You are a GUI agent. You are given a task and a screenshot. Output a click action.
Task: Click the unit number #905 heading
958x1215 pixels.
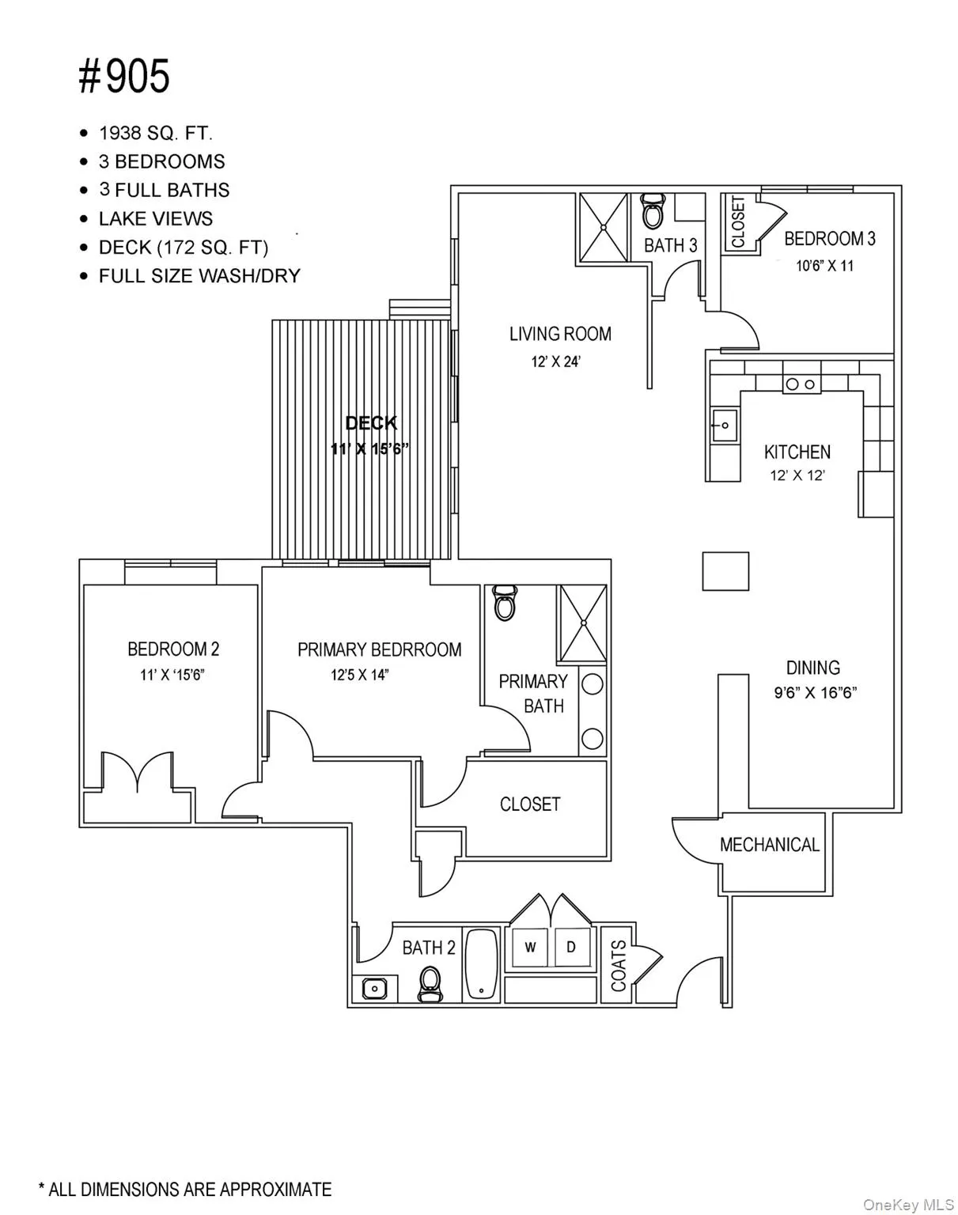124,78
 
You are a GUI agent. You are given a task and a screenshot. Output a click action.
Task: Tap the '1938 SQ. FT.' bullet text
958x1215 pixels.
155,133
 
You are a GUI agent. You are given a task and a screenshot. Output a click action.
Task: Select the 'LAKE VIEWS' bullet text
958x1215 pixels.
155,218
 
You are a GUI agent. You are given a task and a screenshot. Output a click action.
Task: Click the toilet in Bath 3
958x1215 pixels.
653,211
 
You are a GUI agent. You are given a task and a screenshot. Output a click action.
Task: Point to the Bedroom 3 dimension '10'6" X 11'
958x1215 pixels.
824,266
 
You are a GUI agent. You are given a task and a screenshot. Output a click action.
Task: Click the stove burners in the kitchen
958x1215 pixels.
801,384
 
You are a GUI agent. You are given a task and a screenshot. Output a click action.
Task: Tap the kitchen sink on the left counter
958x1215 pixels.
723,426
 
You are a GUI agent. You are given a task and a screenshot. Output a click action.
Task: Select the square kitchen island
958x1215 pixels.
725,571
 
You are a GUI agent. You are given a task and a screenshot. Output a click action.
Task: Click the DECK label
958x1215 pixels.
371,423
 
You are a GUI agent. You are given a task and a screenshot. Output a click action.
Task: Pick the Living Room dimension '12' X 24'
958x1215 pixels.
556,362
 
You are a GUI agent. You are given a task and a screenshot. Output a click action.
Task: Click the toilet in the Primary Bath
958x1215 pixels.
503,604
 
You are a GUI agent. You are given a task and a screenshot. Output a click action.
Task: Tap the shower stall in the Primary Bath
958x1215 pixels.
583,623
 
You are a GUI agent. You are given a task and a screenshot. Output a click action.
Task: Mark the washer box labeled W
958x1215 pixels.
531,947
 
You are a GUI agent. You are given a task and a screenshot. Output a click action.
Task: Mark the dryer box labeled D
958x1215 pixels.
571,947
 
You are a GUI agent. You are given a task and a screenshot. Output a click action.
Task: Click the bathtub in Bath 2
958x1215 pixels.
481,964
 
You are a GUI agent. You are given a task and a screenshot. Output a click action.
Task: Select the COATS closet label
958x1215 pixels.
619,965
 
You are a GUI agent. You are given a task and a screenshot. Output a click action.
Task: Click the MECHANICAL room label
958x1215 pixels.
769,845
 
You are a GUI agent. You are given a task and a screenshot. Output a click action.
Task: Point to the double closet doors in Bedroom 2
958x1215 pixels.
138,772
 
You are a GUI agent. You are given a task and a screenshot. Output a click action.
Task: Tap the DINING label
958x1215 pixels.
812,667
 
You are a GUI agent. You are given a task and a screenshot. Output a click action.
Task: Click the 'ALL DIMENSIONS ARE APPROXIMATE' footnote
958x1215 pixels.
185,1189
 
